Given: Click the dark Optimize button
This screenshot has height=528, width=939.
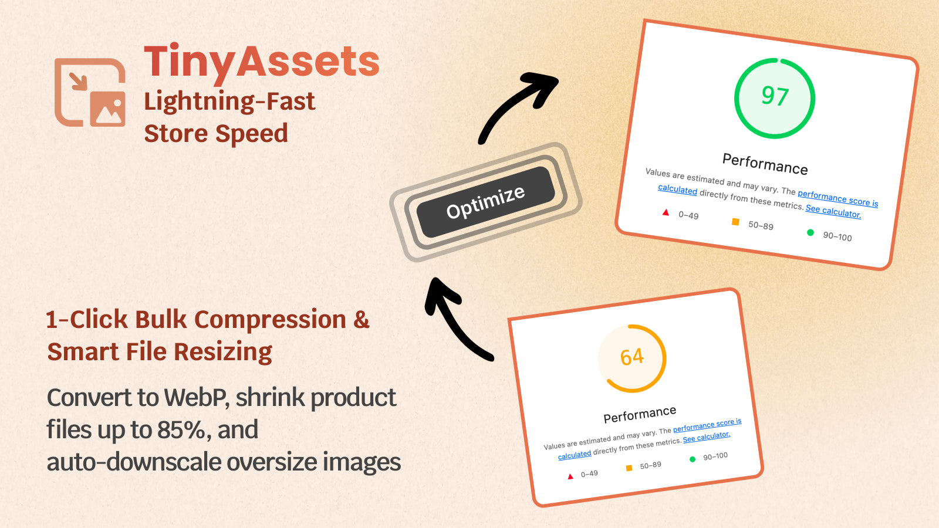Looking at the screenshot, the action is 485,202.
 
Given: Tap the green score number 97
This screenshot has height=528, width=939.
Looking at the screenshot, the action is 775,96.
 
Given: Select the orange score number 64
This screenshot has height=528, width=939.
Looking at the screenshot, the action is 631,357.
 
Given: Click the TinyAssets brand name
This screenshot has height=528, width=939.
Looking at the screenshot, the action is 262,63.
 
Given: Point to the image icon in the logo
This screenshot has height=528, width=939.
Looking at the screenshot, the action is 108,109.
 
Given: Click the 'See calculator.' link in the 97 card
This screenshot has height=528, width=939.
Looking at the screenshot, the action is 833,211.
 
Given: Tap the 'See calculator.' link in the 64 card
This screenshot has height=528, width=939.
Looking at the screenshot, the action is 707,437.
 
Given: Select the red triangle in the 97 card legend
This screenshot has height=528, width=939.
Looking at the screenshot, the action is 666,212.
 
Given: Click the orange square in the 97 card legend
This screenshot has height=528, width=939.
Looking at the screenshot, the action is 735,222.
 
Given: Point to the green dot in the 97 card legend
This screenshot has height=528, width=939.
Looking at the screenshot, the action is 810,232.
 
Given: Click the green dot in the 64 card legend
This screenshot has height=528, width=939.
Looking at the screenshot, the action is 693,459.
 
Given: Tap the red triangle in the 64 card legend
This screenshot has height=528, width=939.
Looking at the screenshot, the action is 570,476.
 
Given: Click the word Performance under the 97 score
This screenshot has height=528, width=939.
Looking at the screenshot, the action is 765,164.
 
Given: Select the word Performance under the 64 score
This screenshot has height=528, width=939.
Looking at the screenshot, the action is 640,414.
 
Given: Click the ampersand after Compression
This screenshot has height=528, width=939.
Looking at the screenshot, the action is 361,320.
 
